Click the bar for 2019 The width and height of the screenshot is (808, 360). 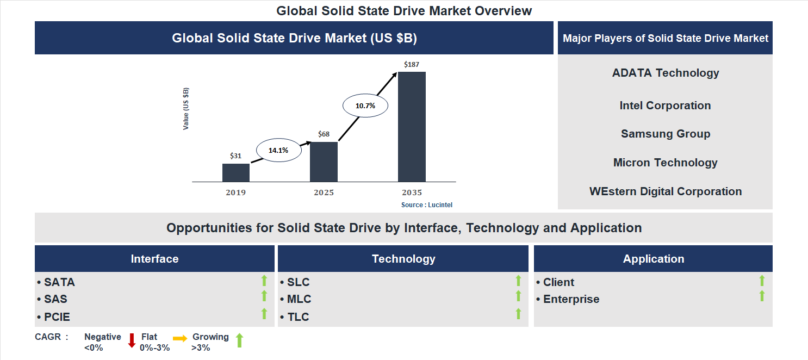click(236, 172)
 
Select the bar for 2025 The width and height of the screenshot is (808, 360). click(324, 162)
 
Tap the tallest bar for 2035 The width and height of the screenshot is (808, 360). click(412, 127)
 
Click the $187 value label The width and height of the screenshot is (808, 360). click(412, 65)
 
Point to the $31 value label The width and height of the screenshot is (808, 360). click(235, 156)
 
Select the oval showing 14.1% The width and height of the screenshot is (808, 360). click(278, 150)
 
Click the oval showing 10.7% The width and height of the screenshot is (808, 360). click(365, 106)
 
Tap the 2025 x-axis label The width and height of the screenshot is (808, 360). click(324, 193)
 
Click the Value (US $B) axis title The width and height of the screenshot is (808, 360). click(187, 108)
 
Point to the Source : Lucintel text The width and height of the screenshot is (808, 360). click(427, 205)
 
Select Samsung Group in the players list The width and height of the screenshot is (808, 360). click(666, 134)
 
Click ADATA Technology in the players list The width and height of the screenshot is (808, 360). click(666, 73)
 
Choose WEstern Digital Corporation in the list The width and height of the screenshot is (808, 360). click(666, 191)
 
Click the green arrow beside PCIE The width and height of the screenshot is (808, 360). click(264, 314)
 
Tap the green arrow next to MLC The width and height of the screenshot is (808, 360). click(518, 296)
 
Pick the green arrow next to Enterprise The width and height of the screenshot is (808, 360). click(762, 296)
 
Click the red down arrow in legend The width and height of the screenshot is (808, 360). click(132, 340)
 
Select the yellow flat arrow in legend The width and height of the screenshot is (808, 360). click(180, 338)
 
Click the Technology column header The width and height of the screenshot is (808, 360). click(403, 259)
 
